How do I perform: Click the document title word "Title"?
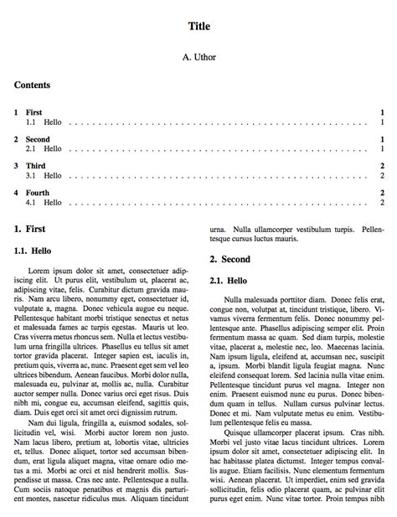tap(198, 26)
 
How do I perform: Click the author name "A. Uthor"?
tap(198, 59)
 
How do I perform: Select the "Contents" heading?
tap(33, 85)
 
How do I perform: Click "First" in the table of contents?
tap(34, 111)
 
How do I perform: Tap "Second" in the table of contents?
tap(39, 139)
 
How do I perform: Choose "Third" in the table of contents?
tap(35, 166)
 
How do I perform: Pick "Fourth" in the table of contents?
tap(38, 193)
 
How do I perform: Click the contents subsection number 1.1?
tap(31, 121)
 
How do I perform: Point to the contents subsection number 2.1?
tap(31, 148)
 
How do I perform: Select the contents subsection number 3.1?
tap(31, 176)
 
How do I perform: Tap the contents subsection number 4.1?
tap(31, 203)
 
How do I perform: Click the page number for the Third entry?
tap(382, 166)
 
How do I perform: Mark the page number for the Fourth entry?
tap(382, 193)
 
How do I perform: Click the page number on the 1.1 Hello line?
tap(382, 121)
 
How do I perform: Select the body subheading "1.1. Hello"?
tap(33, 250)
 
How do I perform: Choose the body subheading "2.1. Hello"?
tap(228, 280)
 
